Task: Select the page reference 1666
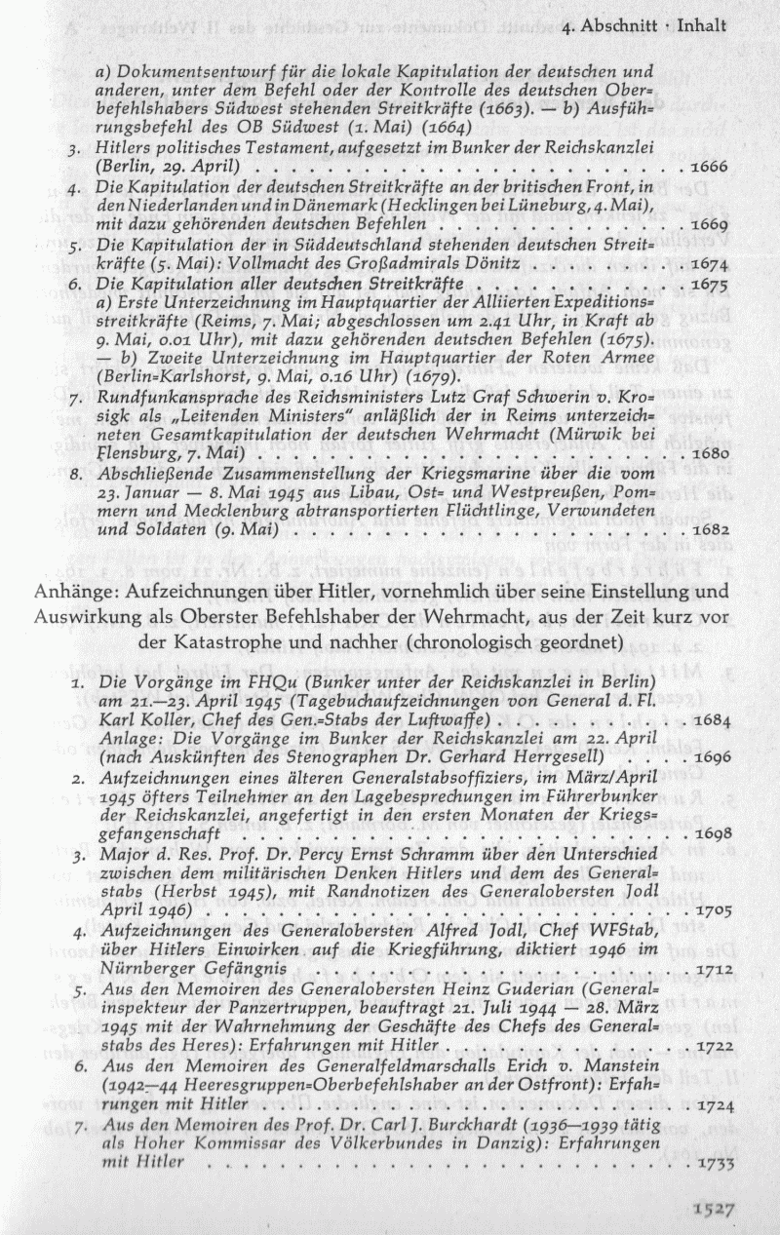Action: (x=710, y=167)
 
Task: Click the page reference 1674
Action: (x=710, y=264)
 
